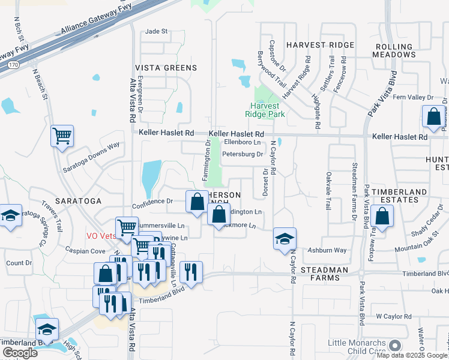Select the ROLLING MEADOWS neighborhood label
(x=395, y=50)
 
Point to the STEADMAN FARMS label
(x=325, y=274)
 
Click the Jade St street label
(x=156, y=31)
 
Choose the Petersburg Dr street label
(x=243, y=154)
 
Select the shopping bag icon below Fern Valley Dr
(x=433, y=116)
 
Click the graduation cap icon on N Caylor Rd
(x=284, y=239)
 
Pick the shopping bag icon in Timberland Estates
(x=381, y=216)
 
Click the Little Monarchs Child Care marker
(x=394, y=345)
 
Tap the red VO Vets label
(x=101, y=236)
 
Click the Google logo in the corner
(x=19, y=353)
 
